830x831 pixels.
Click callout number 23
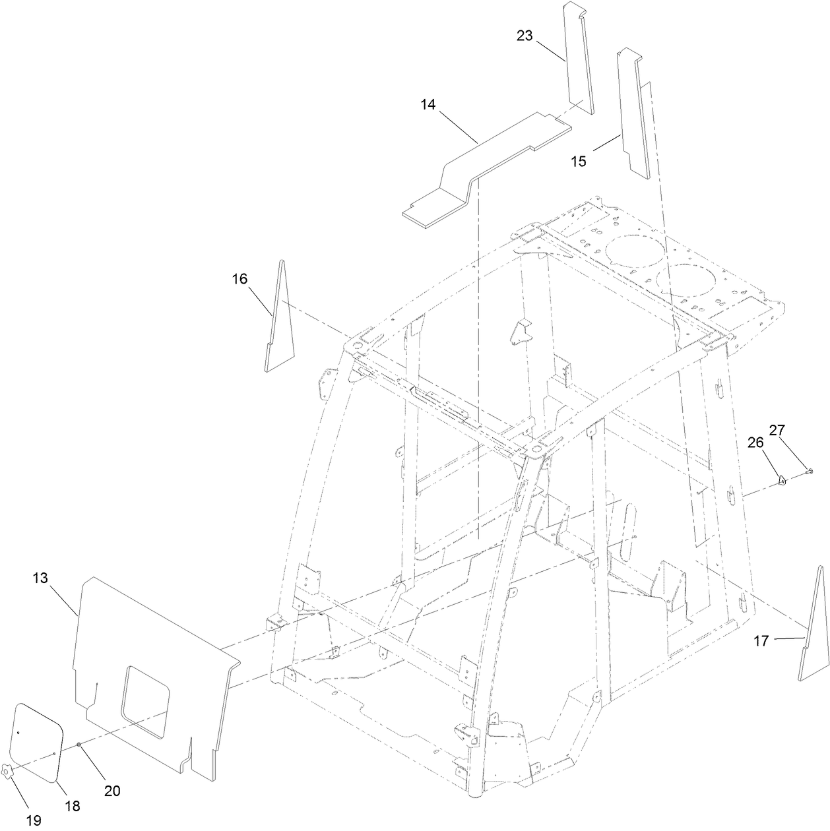(x=525, y=36)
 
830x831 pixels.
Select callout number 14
(x=428, y=104)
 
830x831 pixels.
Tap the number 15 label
(x=579, y=162)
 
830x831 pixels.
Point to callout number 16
(x=239, y=279)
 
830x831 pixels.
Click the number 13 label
(x=40, y=578)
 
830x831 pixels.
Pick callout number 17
(x=761, y=640)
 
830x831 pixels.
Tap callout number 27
(x=777, y=430)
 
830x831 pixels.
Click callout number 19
(x=33, y=820)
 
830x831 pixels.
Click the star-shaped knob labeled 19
(x=9, y=772)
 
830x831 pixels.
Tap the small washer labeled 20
(x=79, y=745)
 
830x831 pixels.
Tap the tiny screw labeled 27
(x=810, y=471)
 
